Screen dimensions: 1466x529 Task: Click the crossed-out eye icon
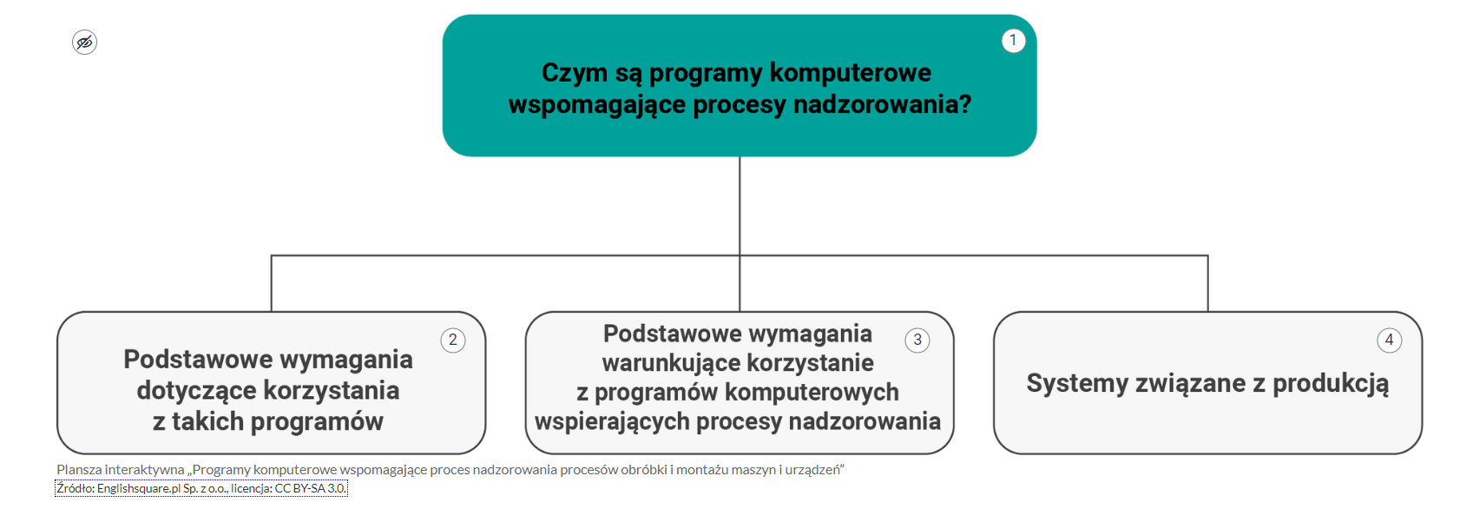[84, 43]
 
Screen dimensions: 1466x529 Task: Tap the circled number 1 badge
[1013, 41]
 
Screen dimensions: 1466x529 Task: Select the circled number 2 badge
[453, 341]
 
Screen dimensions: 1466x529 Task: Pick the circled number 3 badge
[917, 341]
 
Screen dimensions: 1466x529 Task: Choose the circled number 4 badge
[1389, 341]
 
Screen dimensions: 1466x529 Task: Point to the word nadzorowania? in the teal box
[882, 104]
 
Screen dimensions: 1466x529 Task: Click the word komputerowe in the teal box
[850, 73]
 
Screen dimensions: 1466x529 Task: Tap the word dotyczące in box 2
[198, 391]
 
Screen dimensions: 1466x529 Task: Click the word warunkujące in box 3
[670, 363]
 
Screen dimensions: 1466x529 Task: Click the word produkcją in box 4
[1331, 384]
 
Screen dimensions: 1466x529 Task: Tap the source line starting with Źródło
[201, 488]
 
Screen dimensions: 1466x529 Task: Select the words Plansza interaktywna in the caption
[121, 469]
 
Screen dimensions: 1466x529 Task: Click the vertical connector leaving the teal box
[740, 206]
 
